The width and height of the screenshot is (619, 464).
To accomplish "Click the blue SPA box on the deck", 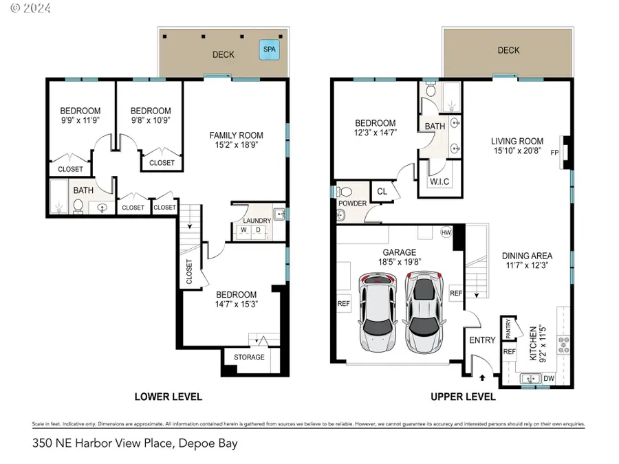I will pyautogui.click(x=270, y=49).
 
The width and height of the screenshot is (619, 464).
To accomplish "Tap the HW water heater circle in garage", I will pyautogui.click(x=446, y=232).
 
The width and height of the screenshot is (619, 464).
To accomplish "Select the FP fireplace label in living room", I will pyautogui.click(x=554, y=153).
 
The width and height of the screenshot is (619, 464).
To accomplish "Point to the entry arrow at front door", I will pyautogui.click(x=481, y=376).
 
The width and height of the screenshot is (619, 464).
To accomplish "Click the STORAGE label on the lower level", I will pyautogui.click(x=249, y=357).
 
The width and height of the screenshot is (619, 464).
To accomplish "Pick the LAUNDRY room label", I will pyautogui.click(x=257, y=220).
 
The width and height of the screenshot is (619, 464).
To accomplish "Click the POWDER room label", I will pyautogui.click(x=351, y=203).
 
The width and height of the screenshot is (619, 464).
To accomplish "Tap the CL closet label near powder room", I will pyautogui.click(x=382, y=192).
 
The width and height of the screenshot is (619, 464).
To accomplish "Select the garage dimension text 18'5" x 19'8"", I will pyautogui.click(x=399, y=262).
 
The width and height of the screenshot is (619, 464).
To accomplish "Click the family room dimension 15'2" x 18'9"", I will pyautogui.click(x=236, y=146).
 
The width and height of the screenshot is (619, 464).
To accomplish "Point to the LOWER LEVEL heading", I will pyautogui.click(x=168, y=397).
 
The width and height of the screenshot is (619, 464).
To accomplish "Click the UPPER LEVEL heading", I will pyautogui.click(x=463, y=397).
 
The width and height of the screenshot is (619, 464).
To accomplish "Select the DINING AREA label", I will pyautogui.click(x=527, y=256).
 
